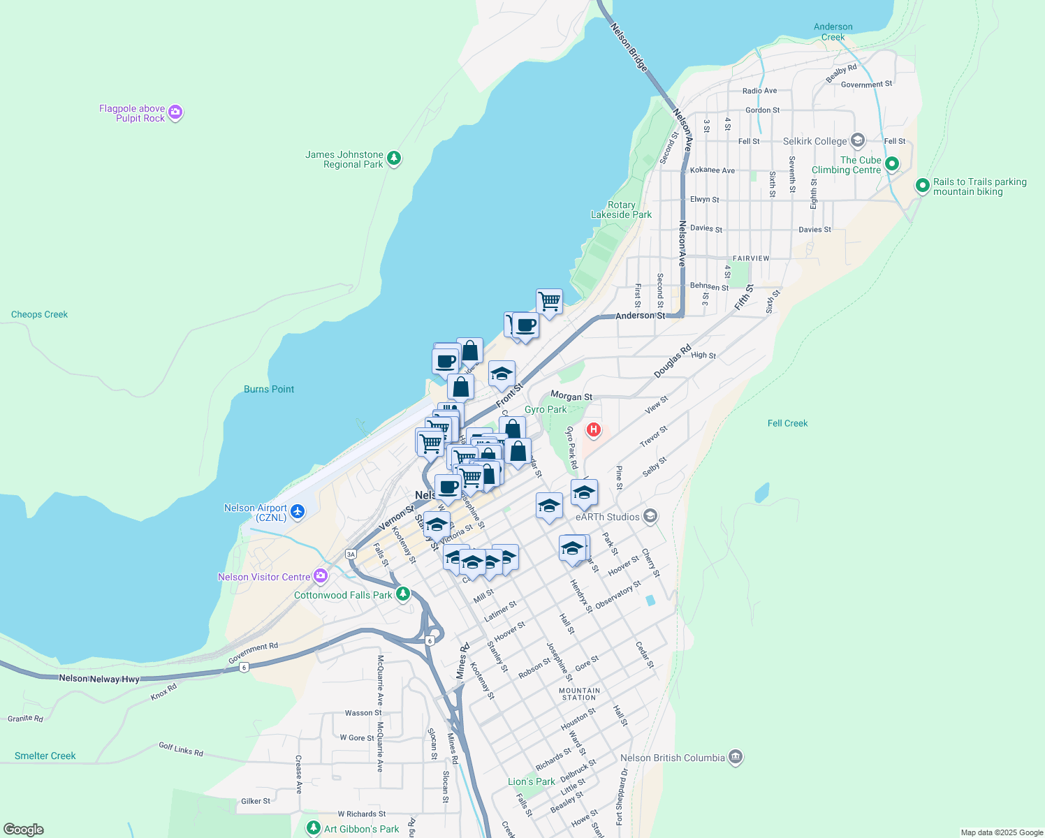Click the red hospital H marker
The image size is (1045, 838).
pyautogui.click(x=593, y=429)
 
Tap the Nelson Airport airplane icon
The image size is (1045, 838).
pyautogui.click(x=298, y=512)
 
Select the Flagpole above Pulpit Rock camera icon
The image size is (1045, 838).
pyautogui.click(x=175, y=112)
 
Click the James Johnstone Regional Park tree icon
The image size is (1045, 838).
pyautogui.click(x=394, y=159)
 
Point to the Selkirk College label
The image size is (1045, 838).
pyautogui.click(x=814, y=141)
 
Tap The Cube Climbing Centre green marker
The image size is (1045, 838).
pyautogui.click(x=891, y=164)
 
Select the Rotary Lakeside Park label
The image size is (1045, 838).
pyautogui.click(x=621, y=209)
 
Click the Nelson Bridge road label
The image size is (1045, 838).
pyautogui.click(x=629, y=47)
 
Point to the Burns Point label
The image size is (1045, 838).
pyautogui.click(x=269, y=389)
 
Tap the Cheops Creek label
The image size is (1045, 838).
pyautogui.click(x=39, y=314)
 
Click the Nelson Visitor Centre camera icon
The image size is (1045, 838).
pyautogui.click(x=321, y=576)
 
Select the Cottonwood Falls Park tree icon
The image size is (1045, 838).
pyautogui.click(x=402, y=594)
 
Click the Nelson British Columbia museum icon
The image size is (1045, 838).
pyautogui.click(x=735, y=757)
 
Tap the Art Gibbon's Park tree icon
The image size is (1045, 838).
pyautogui.click(x=314, y=828)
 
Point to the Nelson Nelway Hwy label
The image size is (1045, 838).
pyautogui.click(x=99, y=679)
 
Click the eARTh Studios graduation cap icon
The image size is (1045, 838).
pyautogui.click(x=650, y=516)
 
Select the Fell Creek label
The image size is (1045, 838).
pyautogui.click(x=787, y=423)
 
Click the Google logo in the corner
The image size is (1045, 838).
pyautogui.click(x=23, y=830)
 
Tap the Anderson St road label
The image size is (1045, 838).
pyautogui.click(x=640, y=316)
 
